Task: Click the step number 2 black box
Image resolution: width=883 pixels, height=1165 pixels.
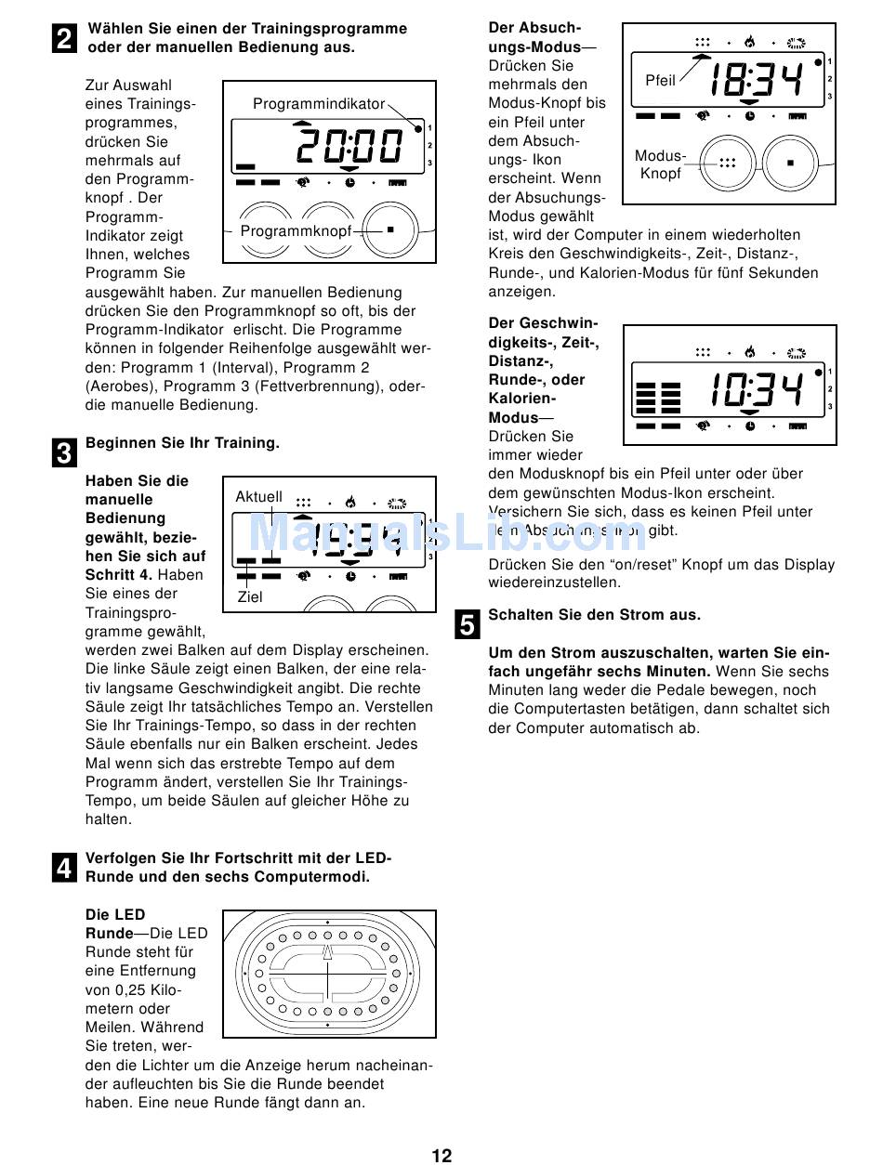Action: click(x=64, y=39)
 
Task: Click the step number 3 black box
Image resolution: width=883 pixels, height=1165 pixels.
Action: click(x=64, y=454)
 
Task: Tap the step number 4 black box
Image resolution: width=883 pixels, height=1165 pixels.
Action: click(x=64, y=869)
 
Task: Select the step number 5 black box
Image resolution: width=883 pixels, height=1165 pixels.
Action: click(x=468, y=624)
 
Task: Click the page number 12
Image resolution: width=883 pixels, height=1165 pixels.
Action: click(x=441, y=1155)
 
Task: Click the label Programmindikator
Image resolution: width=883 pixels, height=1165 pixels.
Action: click(x=319, y=104)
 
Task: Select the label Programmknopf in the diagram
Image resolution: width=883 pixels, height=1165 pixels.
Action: click(x=296, y=230)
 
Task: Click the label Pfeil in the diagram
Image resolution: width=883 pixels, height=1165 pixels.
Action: click(x=661, y=81)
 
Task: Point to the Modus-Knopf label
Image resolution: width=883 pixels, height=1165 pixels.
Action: click(x=660, y=164)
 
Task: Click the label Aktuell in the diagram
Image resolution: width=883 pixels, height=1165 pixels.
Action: click(x=258, y=497)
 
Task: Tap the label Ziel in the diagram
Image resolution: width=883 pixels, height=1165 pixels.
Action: click(x=250, y=596)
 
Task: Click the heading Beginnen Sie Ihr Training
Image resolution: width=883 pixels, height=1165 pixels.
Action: click(x=182, y=443)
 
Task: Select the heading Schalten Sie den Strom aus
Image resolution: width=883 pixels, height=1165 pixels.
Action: click(x=595, y=615)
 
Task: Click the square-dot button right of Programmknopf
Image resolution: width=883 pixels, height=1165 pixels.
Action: click(x=391, y=229)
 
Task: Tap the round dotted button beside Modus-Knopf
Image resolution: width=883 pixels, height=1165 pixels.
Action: click(x=726, y=163)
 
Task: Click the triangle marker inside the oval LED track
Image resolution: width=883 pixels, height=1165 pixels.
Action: click(x=328, y=951)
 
